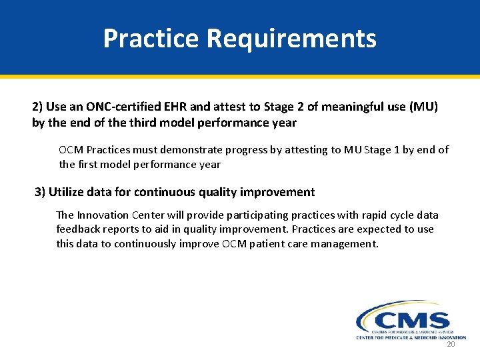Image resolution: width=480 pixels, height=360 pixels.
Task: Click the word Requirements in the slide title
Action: point(291,39)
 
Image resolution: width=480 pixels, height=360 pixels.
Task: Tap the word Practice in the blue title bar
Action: point(151,39)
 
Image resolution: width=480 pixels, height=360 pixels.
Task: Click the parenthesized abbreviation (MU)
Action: point(423,107)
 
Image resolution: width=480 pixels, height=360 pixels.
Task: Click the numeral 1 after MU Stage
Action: point(396,150)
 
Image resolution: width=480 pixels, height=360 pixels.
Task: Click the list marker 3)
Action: point(40,192)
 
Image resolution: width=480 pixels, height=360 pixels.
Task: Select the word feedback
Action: point(77,229)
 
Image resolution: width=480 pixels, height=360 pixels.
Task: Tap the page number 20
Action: point(450,345)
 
